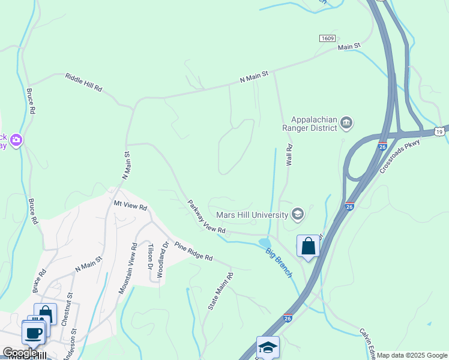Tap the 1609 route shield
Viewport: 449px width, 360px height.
327,38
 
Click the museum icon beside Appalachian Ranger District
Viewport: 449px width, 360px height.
346,123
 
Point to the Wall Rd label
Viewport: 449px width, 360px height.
289,155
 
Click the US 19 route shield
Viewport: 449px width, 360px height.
440,131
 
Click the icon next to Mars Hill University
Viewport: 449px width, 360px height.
297,214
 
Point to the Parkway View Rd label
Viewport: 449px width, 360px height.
206,217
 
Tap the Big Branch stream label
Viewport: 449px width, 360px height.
279,262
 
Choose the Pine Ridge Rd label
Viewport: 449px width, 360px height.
193,250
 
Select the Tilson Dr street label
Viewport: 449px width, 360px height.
151,257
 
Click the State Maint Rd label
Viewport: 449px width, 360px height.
220,291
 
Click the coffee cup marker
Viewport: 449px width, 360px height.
33,332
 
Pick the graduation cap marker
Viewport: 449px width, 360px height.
267,347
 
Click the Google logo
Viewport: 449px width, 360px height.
20,353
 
